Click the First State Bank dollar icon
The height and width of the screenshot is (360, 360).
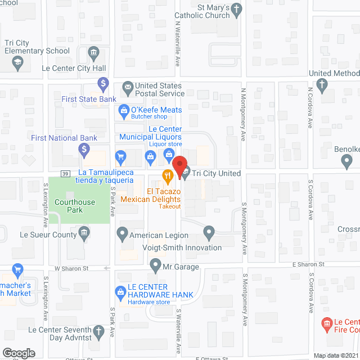(103, 85)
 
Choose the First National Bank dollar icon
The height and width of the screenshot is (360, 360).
(84, 150)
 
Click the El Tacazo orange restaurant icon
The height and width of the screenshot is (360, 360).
(167, 175)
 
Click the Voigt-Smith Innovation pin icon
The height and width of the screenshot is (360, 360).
(209, 232)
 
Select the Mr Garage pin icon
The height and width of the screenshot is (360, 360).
(156, 263)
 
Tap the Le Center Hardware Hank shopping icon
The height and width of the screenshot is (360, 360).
(120, 291)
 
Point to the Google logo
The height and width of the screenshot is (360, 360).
(19, 353)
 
